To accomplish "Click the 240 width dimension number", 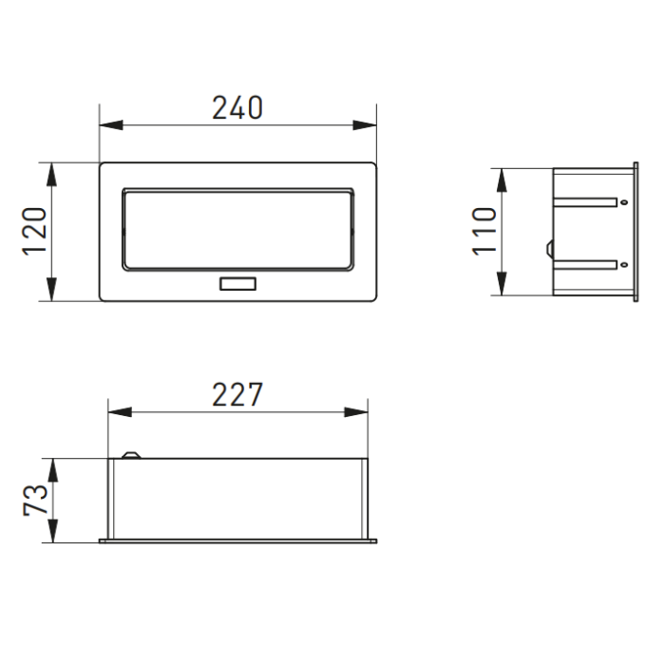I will pos(237,108).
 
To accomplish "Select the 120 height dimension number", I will pos(36,231).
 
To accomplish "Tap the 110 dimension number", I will pos(485,231).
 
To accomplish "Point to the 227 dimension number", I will pos(237,394).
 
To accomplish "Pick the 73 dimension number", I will pos(36,500).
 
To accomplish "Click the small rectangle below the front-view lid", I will pos(237,283).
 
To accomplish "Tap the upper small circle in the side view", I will pos(622,201).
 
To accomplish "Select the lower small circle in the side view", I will pos(622,263).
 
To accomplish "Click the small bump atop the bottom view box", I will pos(129,455).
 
